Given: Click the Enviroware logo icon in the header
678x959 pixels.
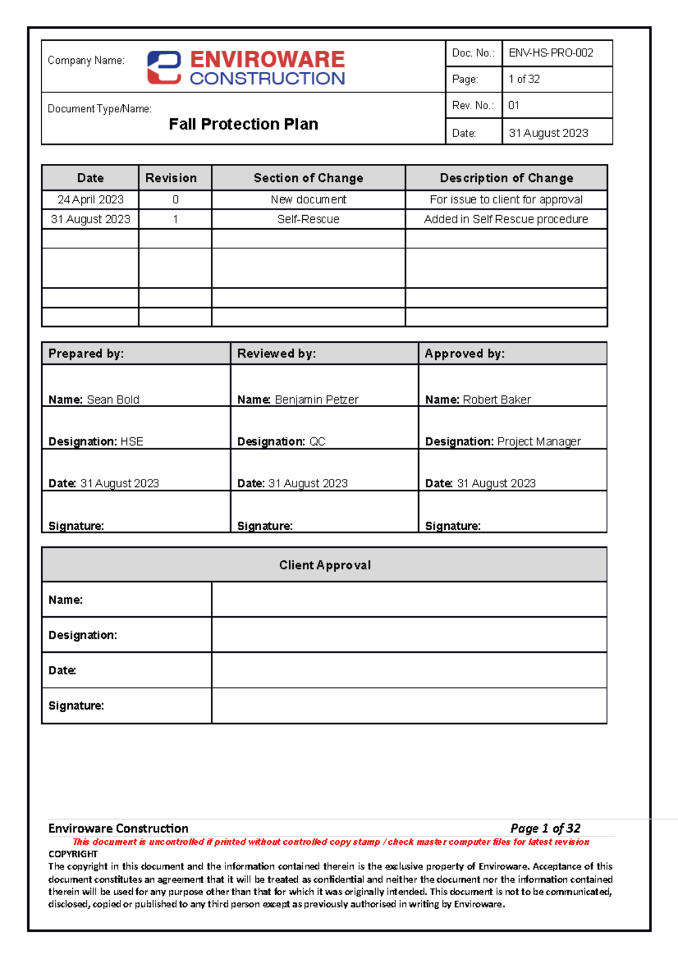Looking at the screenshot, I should [164, 68].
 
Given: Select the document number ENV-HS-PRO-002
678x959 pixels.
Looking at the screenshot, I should [551, 53].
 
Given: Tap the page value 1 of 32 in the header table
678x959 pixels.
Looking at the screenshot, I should [524, 79].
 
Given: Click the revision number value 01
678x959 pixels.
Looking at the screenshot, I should [514, 106].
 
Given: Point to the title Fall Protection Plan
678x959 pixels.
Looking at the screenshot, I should [244, 124].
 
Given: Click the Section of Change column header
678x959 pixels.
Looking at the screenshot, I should [308, 178].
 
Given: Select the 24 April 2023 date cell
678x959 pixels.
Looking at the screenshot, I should [90, 199].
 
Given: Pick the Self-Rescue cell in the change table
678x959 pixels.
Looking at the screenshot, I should [308, 219].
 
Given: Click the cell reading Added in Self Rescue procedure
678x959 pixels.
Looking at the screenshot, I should [506, 219].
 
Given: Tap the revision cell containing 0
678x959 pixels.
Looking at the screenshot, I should [175, 199].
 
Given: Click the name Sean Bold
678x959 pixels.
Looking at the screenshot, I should [113, 400].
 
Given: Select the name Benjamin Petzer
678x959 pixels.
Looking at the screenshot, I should [316, 400].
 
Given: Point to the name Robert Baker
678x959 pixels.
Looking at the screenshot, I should [497, 400].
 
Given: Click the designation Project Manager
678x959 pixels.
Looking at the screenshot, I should [539, 442].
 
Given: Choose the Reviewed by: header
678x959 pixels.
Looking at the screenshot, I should [276, 354].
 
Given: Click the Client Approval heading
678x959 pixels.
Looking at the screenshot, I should [325, 565].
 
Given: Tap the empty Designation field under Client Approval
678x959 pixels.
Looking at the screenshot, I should [409, 635].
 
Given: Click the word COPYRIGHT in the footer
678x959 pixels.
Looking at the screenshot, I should [73, 854].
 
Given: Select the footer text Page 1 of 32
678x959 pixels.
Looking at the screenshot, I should [545, 829].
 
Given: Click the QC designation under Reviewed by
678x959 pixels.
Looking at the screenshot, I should [318, 442].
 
